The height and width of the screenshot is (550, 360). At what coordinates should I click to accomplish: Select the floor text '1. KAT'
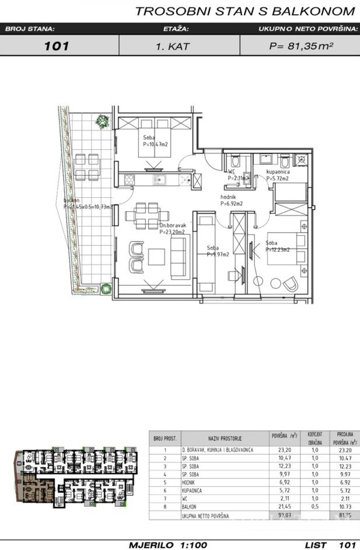[173, 46]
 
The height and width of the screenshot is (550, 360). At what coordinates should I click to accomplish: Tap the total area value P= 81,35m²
[301, 46]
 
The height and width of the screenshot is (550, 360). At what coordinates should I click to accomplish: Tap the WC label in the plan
[232, 172]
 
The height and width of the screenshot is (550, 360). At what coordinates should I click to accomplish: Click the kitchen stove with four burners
[129, 179]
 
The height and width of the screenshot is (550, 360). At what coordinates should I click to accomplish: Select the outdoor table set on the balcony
[87, 167]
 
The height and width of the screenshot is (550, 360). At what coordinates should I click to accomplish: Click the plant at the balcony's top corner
[102, 121]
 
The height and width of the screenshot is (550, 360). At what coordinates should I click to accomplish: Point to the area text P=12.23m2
[278, 250]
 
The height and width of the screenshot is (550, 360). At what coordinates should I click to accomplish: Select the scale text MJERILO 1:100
[168, 544]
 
